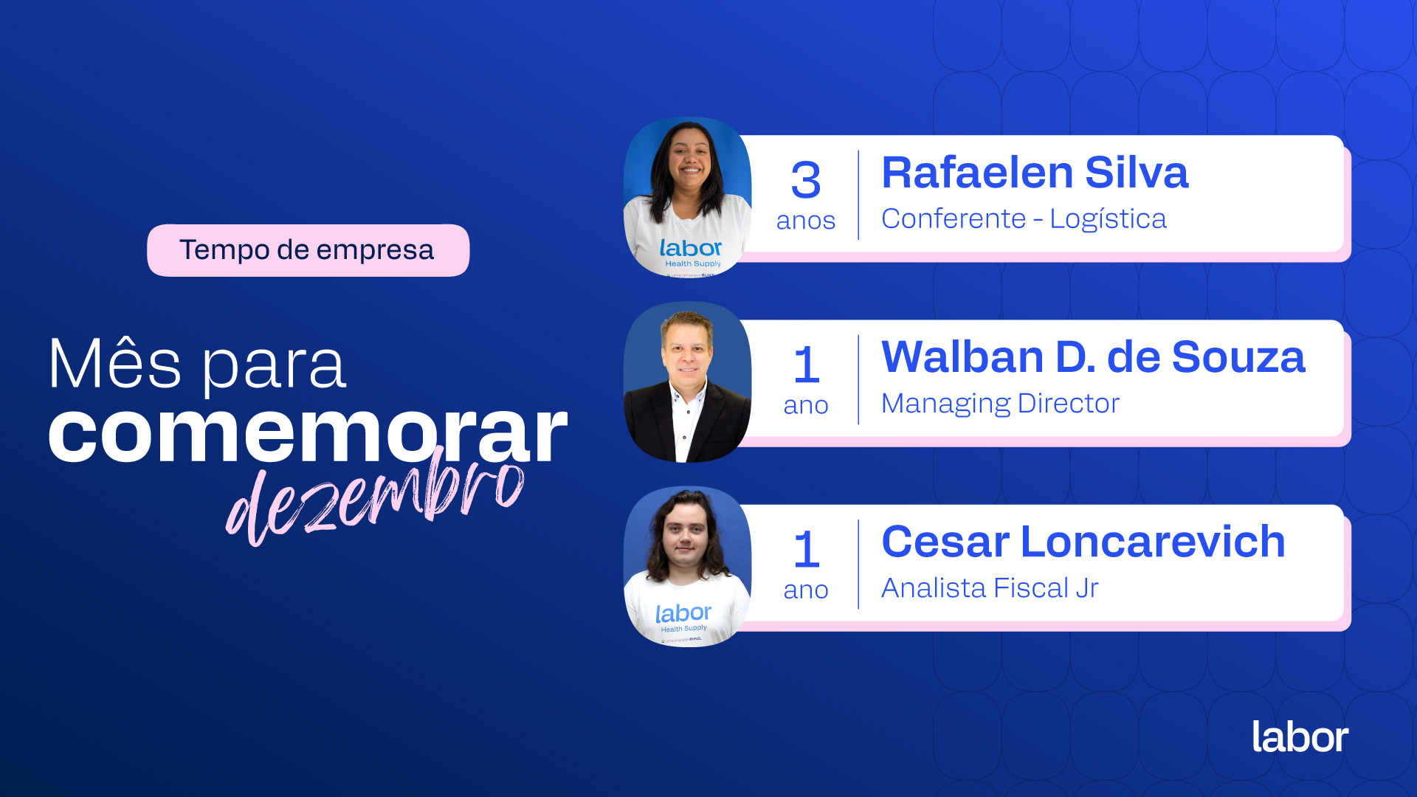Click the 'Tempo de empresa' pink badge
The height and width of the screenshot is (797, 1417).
308,250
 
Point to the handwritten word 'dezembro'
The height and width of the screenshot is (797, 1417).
375,497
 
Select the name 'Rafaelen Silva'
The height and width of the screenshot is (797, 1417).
1035,173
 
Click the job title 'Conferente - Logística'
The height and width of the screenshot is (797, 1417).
1024,219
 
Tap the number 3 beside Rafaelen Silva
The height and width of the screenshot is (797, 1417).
806,180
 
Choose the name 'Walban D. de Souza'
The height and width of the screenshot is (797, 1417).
1093,357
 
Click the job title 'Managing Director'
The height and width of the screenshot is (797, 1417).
1000,404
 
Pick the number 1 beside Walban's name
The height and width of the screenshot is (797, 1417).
807,365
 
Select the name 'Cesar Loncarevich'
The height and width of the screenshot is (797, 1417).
1083,542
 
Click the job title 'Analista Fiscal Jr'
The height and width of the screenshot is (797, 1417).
990,588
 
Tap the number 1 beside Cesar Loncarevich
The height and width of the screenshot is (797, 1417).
807,549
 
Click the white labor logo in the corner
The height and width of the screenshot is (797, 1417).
1300,736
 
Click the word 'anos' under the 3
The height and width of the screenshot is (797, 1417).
806,221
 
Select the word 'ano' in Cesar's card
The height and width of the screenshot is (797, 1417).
806,590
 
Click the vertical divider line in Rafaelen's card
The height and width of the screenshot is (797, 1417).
858,195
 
